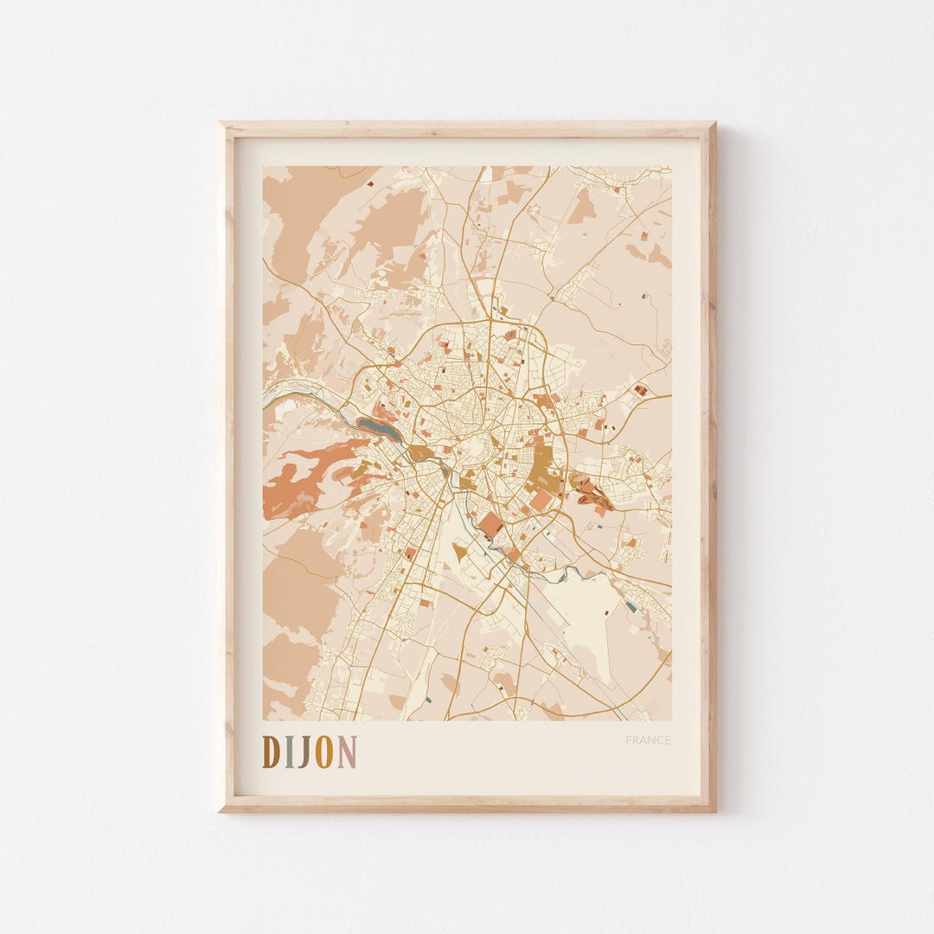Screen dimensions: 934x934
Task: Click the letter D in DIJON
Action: point(271,752)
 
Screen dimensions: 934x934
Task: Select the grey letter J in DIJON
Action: point(305,752)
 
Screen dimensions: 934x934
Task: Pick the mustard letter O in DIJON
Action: point(324,752)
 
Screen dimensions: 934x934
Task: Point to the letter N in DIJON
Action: point(346,752)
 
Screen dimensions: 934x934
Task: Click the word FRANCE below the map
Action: point(648,740)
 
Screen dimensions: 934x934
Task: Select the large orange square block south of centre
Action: point(491,523)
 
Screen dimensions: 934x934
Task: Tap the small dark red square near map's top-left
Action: point(370,183)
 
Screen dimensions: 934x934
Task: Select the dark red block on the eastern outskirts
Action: point(640,390)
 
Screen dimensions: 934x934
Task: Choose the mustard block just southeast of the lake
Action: point(421,452)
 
